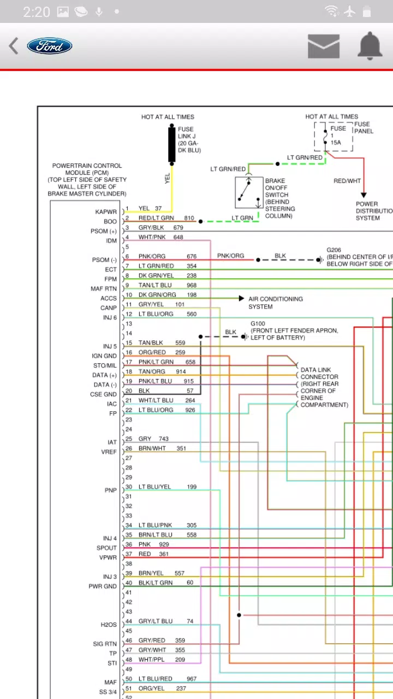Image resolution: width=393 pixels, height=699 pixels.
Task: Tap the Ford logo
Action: point(50,46)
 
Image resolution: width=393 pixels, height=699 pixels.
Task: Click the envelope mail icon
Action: point(323,46)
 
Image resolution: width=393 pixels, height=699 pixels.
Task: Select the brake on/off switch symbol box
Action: point(249,192)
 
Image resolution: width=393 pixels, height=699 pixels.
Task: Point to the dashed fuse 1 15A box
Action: point(333,136)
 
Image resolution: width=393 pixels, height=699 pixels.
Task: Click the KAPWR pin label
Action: point(106,212)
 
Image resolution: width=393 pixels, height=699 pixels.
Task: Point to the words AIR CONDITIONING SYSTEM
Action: point(275,303)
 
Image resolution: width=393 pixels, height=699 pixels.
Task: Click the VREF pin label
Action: point(109,452)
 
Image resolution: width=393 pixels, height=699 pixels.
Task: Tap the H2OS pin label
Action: point(109,625)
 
